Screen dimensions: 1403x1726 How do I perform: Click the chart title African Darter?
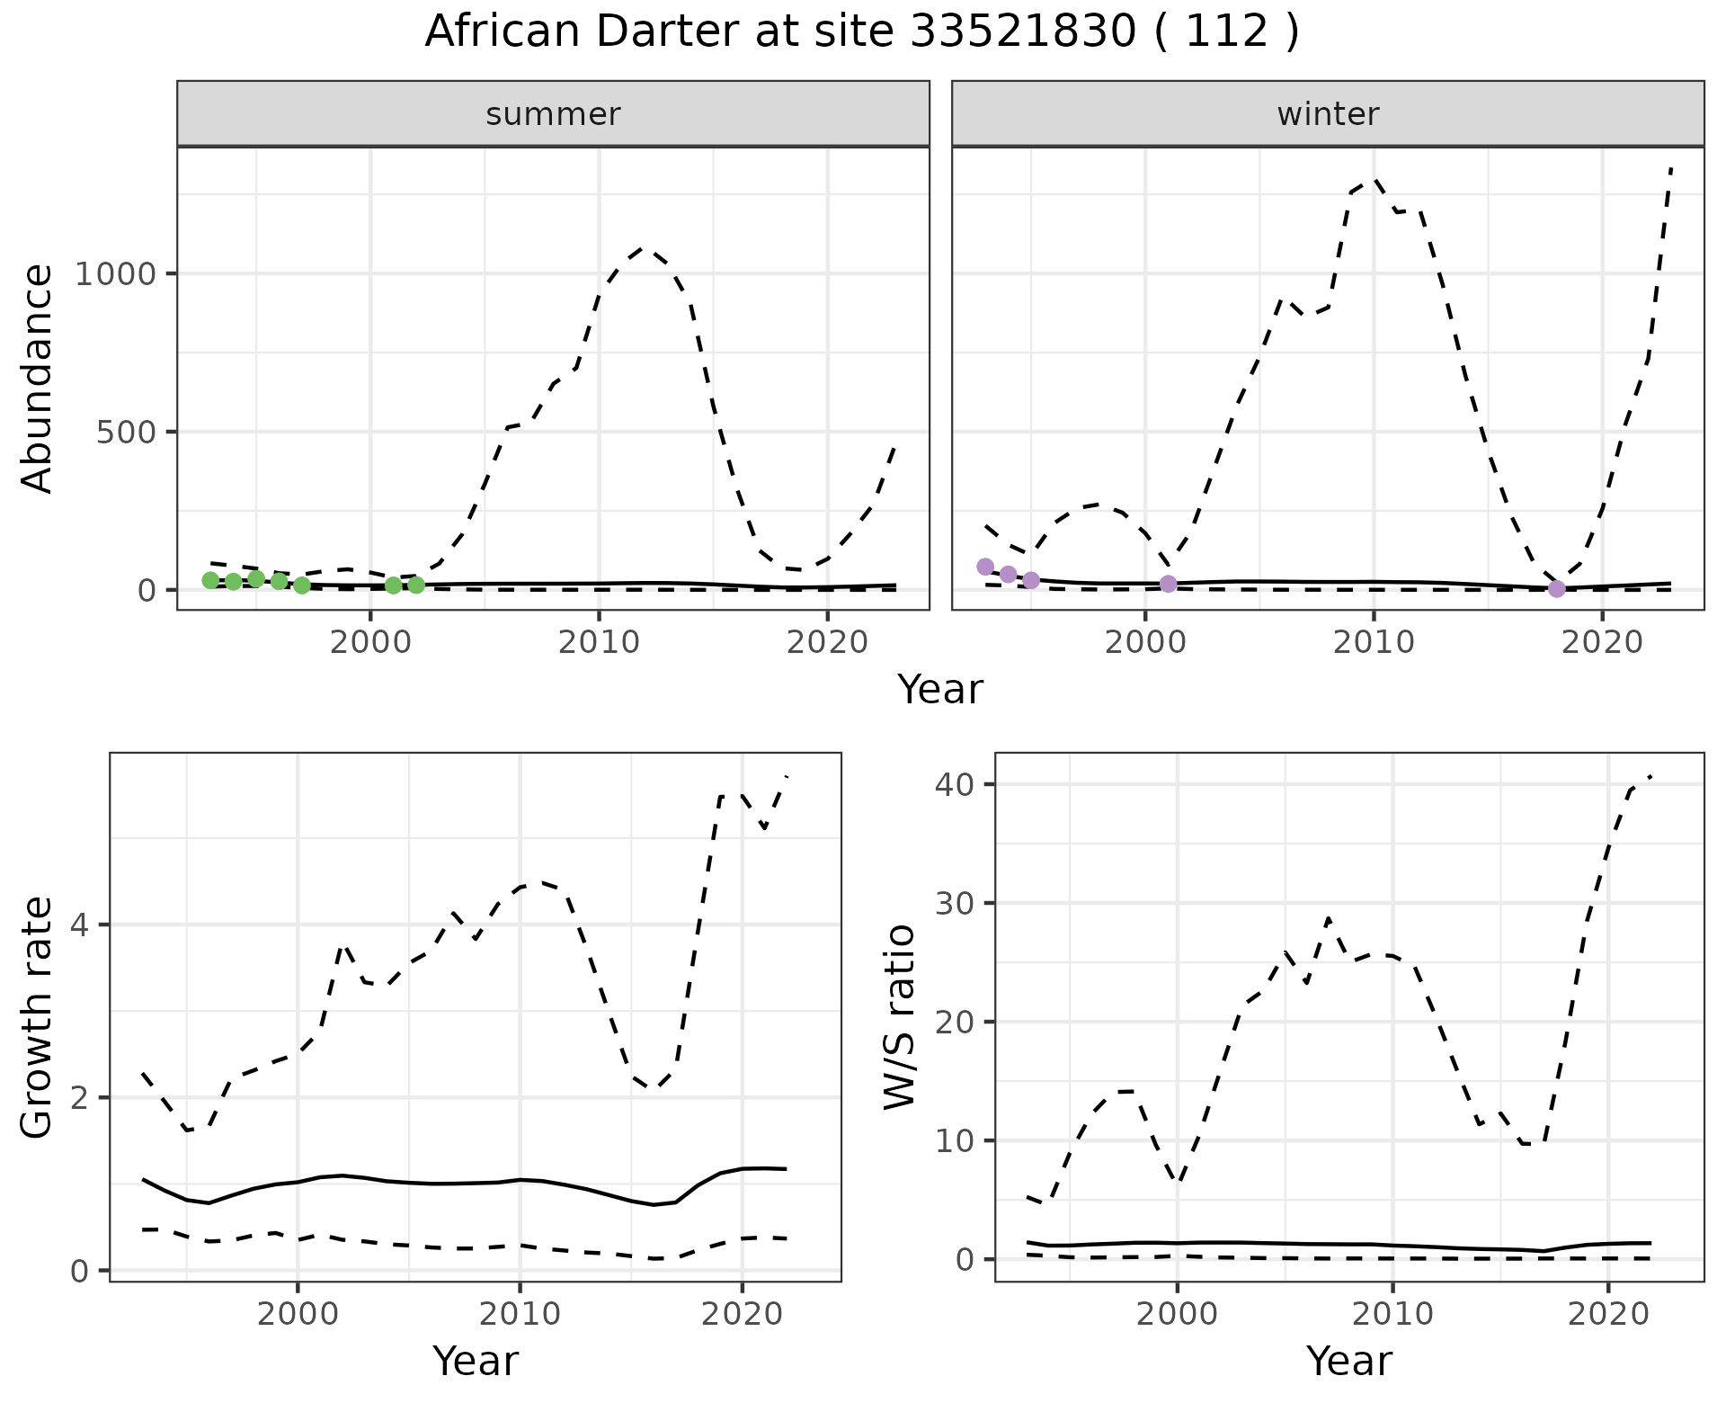point(861,32)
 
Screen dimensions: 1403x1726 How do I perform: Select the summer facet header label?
point(553,114)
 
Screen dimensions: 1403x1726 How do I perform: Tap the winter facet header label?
point(1328,114)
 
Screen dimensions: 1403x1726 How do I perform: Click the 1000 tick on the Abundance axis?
point(116,273)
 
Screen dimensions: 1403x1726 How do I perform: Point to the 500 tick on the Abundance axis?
point(126,432)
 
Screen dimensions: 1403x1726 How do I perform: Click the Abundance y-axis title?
point(38,378)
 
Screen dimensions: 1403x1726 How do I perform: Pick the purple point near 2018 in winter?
point(1556,589)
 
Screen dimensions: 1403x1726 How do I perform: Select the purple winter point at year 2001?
point(1168,584)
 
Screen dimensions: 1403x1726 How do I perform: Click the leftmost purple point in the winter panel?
point(985,567)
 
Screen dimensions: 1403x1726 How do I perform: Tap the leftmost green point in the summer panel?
point(210,580)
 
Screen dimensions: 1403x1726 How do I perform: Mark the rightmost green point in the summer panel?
point(416,585)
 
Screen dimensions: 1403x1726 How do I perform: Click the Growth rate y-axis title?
point(38,1016)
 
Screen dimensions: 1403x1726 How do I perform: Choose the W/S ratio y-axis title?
point(900,1016)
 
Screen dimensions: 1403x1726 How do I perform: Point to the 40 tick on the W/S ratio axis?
point(954,784)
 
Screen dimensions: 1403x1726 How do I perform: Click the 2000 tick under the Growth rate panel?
point(298,1314)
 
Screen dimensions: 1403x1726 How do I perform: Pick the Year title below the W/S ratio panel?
point(1348,1361)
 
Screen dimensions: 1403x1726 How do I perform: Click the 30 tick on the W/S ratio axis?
point(954,903)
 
